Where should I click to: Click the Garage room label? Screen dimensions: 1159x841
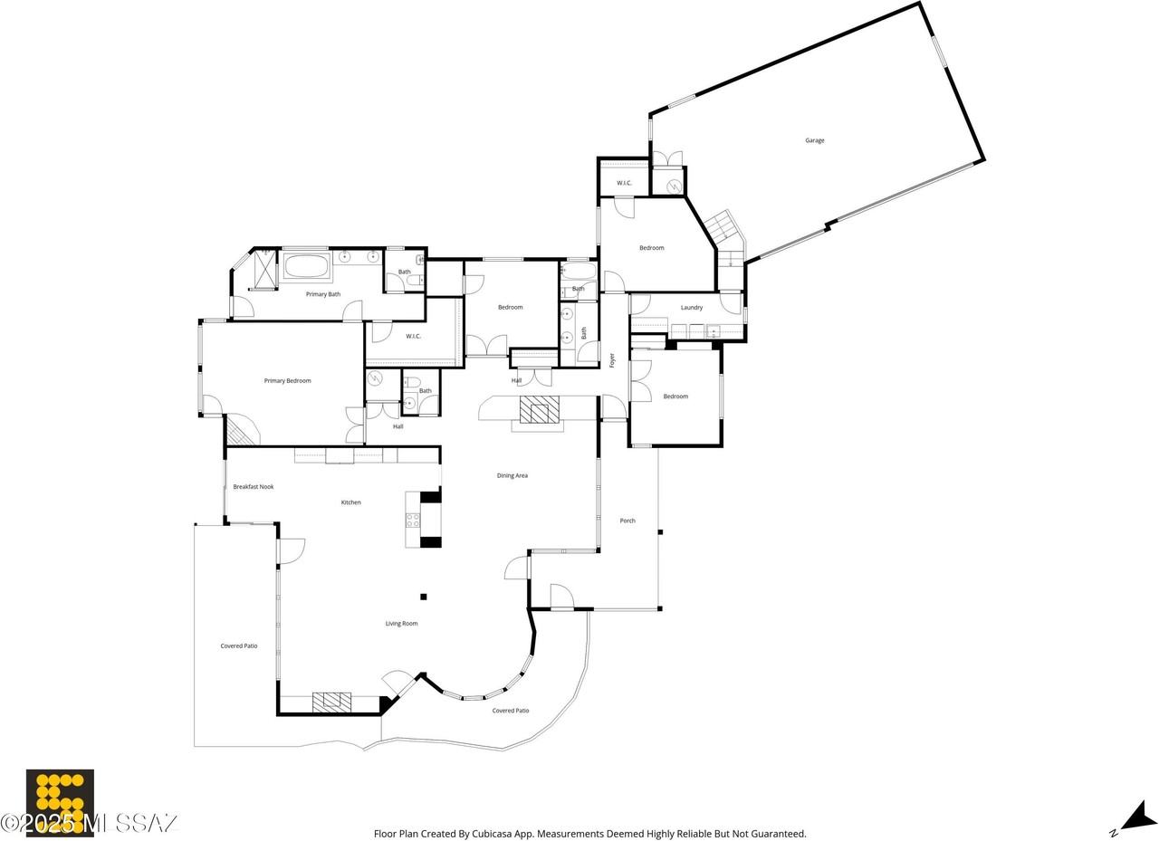814,140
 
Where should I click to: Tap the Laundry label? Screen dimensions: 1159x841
691,307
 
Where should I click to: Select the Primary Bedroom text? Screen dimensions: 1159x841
288,381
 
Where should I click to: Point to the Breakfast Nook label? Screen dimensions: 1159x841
253,487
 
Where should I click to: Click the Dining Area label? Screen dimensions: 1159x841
512,475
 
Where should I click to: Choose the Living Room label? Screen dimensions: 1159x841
401,623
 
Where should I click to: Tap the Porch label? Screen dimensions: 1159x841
627,521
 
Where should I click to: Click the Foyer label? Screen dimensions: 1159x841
613,360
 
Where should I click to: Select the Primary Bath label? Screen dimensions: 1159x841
323,294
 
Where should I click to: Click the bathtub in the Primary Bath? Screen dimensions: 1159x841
306,266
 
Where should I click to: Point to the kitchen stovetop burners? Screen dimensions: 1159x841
413,520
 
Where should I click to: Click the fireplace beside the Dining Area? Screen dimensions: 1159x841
539,409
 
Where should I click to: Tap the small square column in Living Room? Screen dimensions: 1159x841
423,597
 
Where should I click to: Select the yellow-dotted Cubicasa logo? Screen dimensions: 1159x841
60,803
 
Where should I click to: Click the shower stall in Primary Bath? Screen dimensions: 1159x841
265,269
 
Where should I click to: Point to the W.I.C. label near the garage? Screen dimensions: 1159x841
624,183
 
